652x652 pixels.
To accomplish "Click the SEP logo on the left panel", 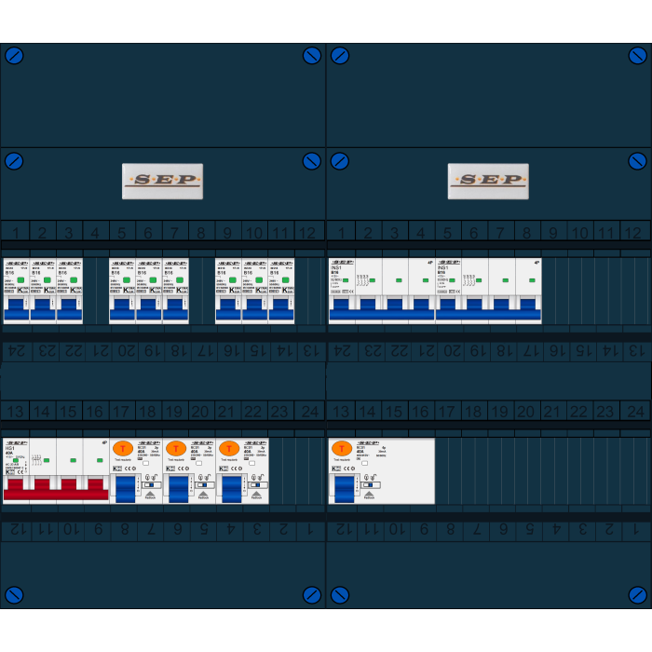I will coord(162,181).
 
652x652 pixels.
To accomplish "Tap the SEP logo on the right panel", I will coord(488,181).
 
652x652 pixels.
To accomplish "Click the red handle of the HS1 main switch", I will coord(56,487).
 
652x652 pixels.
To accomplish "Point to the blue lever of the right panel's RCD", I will coord(344,487).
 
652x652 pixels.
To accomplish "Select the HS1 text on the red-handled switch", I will coord(10,448).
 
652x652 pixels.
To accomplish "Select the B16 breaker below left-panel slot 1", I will coord(17,291).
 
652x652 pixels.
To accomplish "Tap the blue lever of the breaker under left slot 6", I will coord(149,307).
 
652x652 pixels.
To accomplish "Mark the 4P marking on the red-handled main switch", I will coord(104,442).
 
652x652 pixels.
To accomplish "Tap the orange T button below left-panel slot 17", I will coord(122,448).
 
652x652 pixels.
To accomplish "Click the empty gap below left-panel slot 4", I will coord(96,291).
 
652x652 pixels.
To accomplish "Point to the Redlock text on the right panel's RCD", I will coord(369,497).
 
